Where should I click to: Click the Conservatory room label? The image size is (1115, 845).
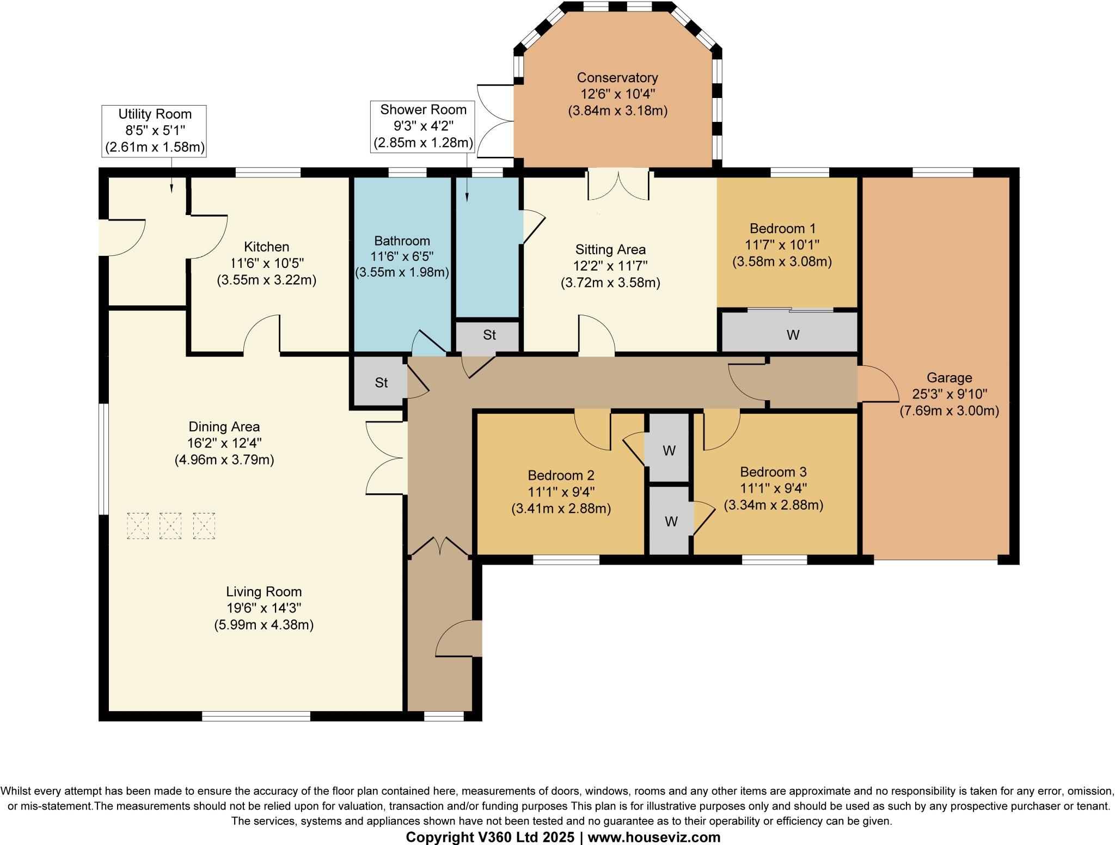click(617, 78)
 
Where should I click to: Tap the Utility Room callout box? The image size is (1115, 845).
click(155, 131)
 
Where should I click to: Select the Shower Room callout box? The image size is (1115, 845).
click(423, 126)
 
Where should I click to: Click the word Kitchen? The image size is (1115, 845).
click(266, 247)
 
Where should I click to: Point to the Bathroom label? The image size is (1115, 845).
click(402, 241)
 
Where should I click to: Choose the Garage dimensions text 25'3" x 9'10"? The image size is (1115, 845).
click(949, 394)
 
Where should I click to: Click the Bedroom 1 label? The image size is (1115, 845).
click(782, 228)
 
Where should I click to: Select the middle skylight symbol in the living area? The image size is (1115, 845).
click(170, 525)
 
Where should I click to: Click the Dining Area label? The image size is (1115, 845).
click(224, 426)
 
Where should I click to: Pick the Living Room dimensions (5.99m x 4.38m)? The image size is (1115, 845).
click(264, 624)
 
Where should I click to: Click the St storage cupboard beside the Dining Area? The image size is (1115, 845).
click(381, 382)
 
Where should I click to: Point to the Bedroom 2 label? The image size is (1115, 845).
click(561, 475)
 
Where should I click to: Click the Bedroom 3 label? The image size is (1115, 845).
click(773, 472)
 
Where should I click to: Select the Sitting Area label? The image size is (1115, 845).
click(610, 249)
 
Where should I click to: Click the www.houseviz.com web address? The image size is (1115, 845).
click(654, 837)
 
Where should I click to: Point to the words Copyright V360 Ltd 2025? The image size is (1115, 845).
click(490, 837)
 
